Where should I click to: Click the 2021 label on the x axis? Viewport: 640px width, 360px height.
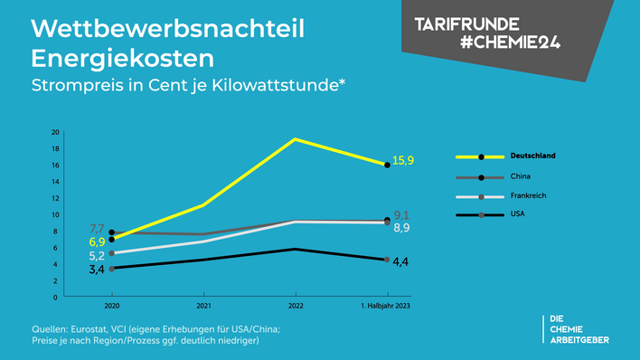click(203, 307)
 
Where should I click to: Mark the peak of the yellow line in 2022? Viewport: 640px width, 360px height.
click(295, 139)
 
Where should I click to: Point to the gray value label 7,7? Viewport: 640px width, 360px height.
click(98, 229)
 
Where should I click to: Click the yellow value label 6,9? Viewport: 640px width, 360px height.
click(98, 242)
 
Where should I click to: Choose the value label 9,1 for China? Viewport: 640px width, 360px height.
click(403, 215)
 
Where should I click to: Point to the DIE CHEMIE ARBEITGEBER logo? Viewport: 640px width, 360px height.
click(579, 329)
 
